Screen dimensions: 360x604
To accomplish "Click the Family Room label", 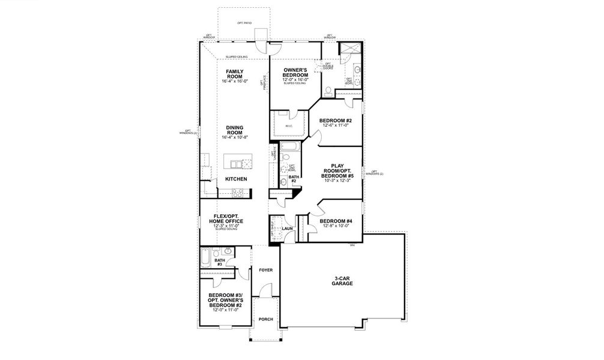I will pos(234,74).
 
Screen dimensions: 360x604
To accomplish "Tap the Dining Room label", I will pos(234,131).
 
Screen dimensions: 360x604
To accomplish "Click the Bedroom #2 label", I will pos(335,122).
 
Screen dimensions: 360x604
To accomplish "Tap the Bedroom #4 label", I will pos(336,223).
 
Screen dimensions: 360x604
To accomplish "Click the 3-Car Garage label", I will pos(343,281).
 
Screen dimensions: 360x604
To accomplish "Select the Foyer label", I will pos(265,270).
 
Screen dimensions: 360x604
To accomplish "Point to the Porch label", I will pos(265,319).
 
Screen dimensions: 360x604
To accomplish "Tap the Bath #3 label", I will pos(219,262).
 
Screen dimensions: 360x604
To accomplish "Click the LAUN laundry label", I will pos(288,229).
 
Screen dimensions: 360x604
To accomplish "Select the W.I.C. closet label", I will pos(289,126).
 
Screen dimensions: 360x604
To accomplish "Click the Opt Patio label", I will pos(244,23).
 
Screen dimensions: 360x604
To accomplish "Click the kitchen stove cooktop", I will pos(237,193).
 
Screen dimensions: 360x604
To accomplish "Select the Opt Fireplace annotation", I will pos(262,84).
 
